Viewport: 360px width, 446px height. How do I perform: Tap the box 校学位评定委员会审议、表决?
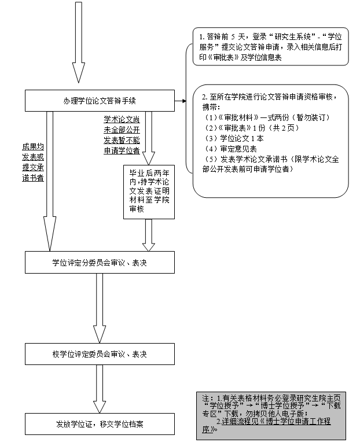coord(100,353)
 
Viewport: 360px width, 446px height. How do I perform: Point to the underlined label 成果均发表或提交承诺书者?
coord(33,162)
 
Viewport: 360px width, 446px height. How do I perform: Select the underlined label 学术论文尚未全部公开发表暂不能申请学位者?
coord(122,135)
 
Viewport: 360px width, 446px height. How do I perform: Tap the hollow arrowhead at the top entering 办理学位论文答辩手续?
coord(79,73)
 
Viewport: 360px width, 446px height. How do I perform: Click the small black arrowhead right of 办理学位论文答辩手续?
coord(183,101)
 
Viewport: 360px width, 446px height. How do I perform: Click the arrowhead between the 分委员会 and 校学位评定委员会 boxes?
coord(100,334)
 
